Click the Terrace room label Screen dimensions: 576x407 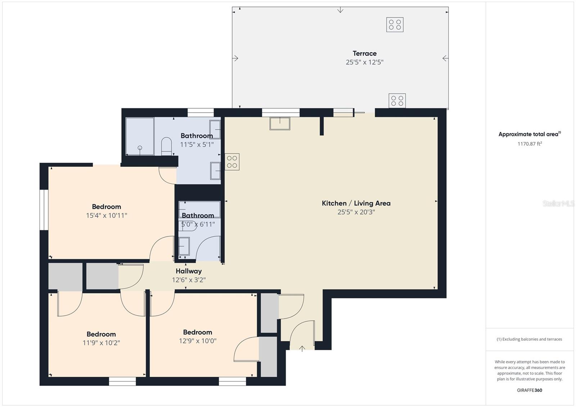pos(365,54)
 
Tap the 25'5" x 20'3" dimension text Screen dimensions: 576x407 pos(356,212)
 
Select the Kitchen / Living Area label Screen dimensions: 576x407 pos(356,203)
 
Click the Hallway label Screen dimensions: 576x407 pos(189,271)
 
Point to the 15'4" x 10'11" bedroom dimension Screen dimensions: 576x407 pos(107,216)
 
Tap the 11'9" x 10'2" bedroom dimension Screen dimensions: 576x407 pos(101,343)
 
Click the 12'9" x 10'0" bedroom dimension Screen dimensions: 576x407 pos(198,341)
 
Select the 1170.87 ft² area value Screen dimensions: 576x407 pos(530,144)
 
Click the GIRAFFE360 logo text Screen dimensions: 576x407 pos(530,390)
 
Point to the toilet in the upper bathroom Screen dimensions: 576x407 pos(166,146)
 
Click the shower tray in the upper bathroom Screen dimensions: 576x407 pos(140,136)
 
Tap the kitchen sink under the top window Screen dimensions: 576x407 pos(280,123)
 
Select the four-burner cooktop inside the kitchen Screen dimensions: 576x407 pos(232,162)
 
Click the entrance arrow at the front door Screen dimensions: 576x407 pos(302,349)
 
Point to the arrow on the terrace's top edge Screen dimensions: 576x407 pos(340,10)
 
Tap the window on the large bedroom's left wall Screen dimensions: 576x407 pos(44,210)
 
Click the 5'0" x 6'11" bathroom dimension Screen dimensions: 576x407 pos(198,224)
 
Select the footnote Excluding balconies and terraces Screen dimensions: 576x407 pos(529,339)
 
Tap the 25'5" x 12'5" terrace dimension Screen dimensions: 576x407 pos(365,62)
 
